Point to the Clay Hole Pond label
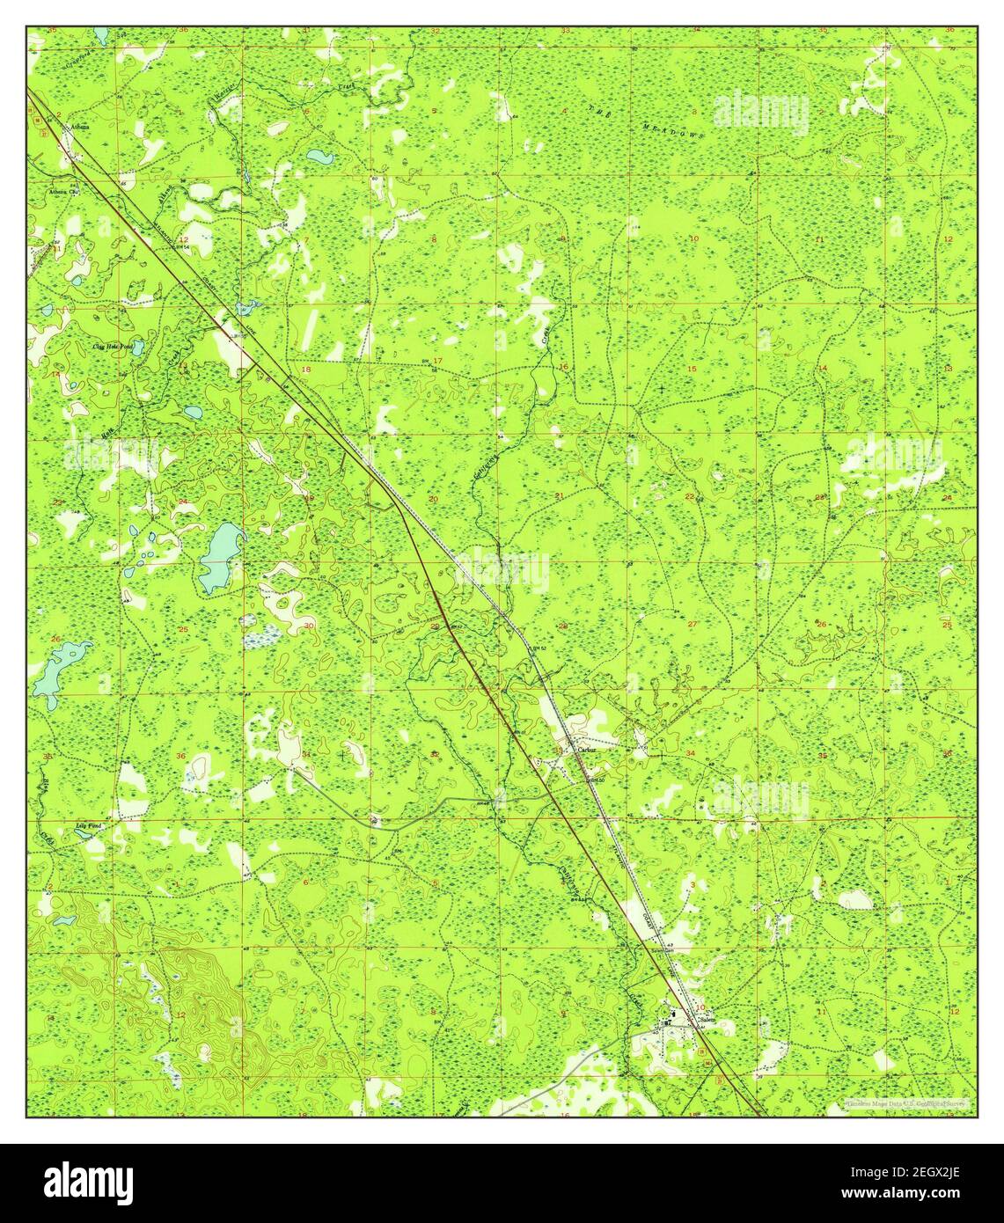[x=113, y=348]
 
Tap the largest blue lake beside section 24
[x=218, y=556]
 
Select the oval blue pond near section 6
[x=318, y=158]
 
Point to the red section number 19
[x=308, y=499]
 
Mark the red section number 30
[x=308, y=625]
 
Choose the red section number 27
[x=693, y=624]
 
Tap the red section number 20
[x=433, y=499]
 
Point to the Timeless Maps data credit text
[x=906, y=1102]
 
